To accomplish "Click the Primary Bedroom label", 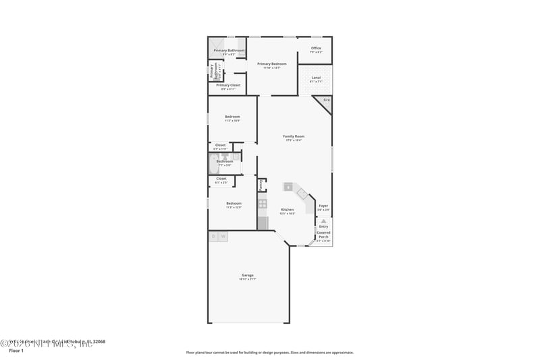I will (268, 63).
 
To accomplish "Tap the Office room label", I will (316, 48).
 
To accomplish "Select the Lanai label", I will (316, 78).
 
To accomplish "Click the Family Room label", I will (294, 136).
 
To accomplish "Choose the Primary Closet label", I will (228, 85).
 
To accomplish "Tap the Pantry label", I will (261, 184).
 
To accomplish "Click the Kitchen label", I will (288, 209).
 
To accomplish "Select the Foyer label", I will (323, 205).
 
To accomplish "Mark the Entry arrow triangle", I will (323, 221).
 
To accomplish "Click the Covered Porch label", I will (323, 234).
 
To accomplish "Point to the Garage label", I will (248, 275).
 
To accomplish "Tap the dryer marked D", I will (214, 236).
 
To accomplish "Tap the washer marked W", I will (223, 236).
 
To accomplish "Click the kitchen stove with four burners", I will (263, 203).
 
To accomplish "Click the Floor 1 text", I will (16, 351).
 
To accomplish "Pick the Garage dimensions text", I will (248, 280).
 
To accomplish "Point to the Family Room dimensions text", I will (294, 140).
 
